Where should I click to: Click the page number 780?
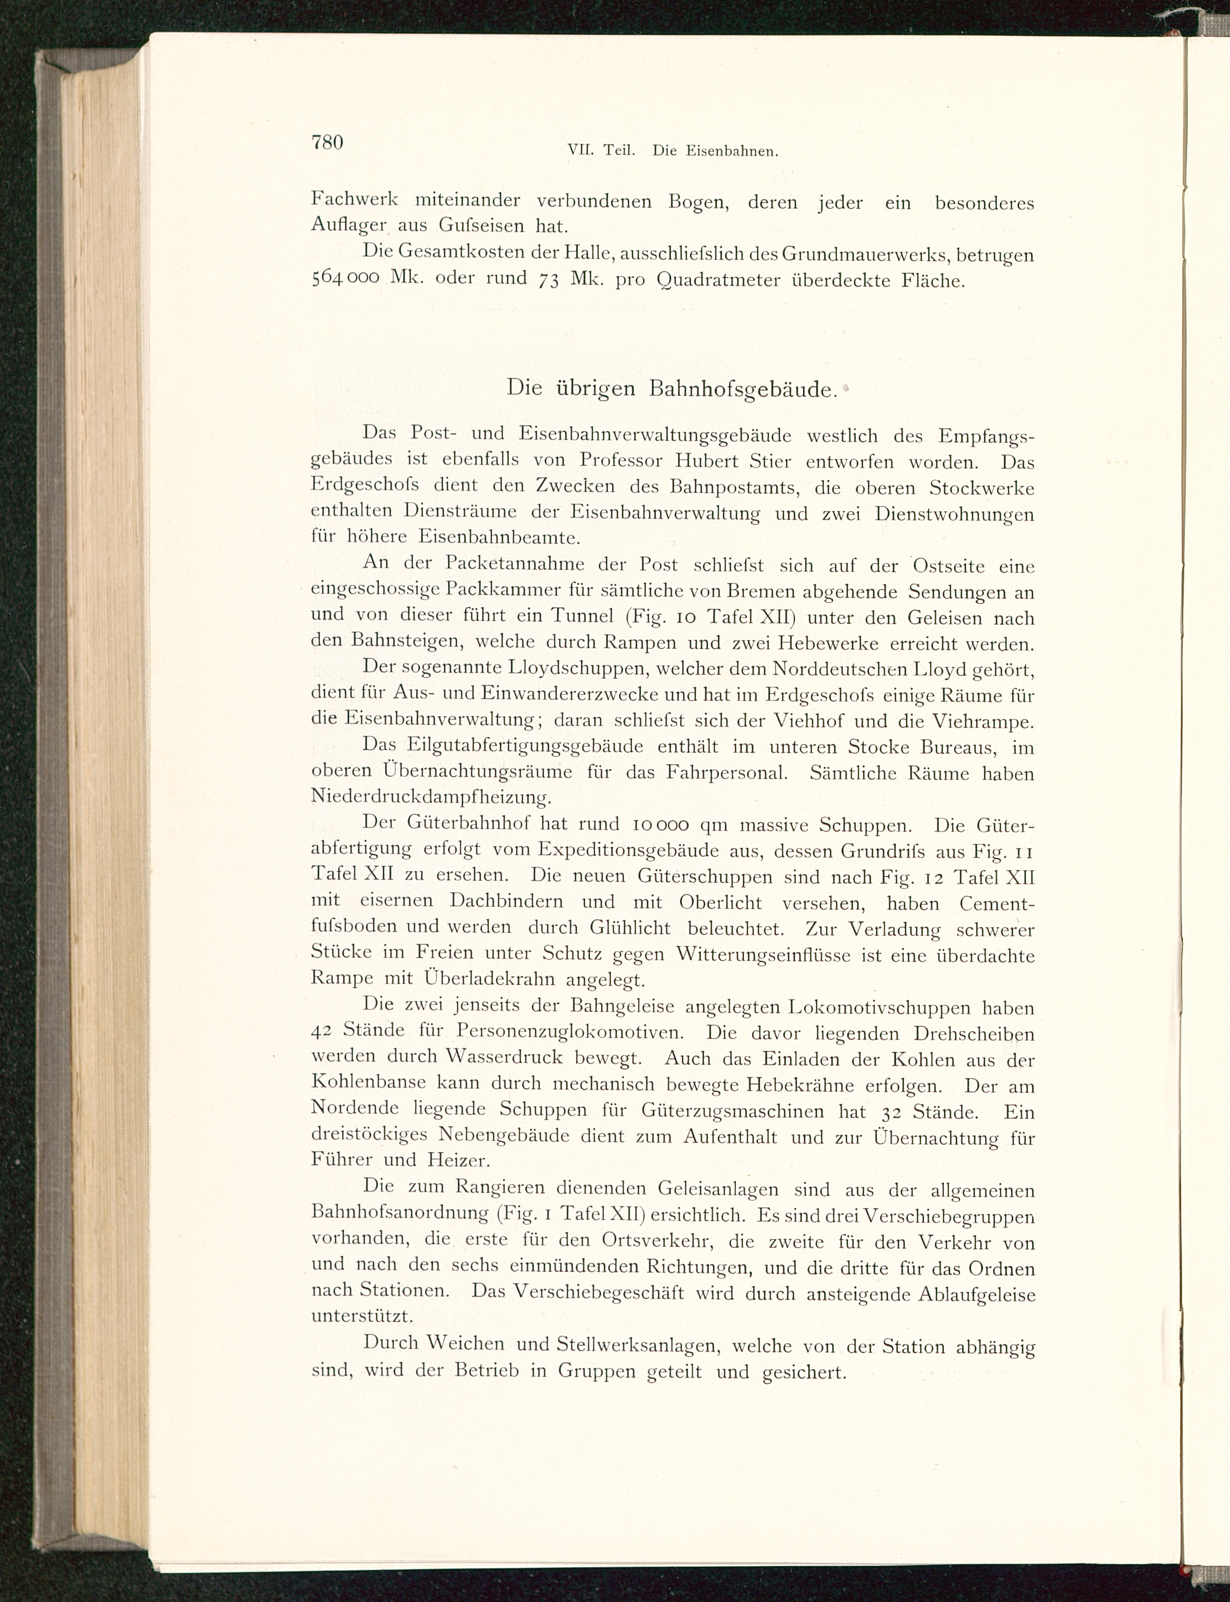[327, 141]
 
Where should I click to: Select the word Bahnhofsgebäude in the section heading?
[742, 390]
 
